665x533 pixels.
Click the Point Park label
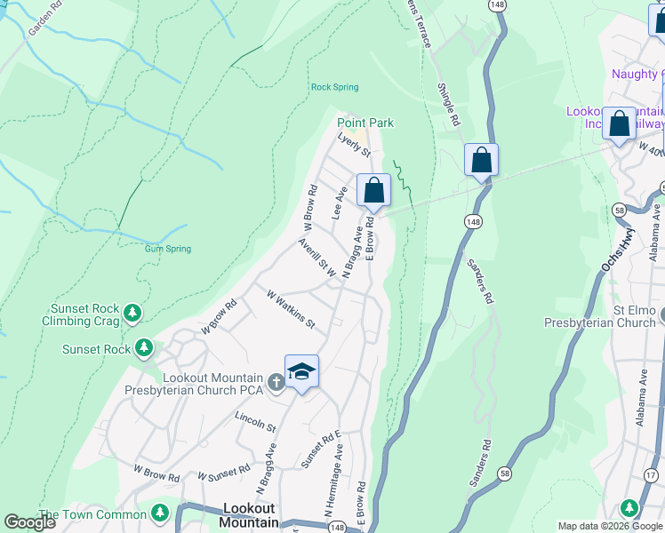pyautogui.click(x=365, y=123)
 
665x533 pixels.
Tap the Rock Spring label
pyautogui.click(x=334, y=87)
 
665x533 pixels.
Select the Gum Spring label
pyautogui.click(x=168, y=249)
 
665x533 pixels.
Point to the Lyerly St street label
pyautogui.click(x=354, y=146)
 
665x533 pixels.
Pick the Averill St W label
pyautogui.click(x=317, y=258)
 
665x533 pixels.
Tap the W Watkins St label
pyautogui.click(x=291, y=308)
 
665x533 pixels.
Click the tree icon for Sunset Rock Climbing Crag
pyautogui.click(x=132, y=312)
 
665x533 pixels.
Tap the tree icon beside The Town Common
pyautogui.click(x=160, y=513)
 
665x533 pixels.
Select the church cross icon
pyautogui.click(x=276, y=382)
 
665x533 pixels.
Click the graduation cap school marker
pyautogui.click(x=301, y=371)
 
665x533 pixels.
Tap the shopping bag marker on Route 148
pyautogui.click(x=481, y=161)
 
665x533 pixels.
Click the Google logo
pyautogui.click(x=30, y=522)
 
